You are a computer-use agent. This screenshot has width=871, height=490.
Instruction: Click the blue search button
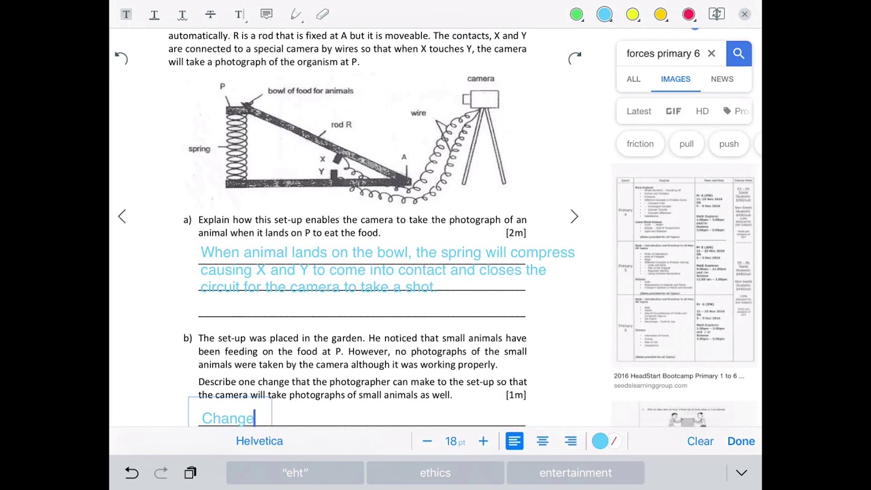(738, 54)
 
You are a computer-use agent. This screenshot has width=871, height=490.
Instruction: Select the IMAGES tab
(675, 79)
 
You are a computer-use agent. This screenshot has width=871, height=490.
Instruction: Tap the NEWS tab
(722, 79)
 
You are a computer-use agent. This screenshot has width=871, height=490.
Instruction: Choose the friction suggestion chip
(640, 144)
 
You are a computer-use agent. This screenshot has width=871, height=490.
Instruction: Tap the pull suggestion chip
(686, 144)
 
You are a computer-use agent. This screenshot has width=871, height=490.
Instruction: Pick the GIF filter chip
(673, 111)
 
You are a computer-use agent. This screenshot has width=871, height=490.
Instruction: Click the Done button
(740, 441)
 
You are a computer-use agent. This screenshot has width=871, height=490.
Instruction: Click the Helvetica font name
(259, 441)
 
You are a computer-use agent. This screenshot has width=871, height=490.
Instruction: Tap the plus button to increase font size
(483, 441)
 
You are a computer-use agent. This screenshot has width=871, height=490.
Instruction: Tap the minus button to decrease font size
(427, 441)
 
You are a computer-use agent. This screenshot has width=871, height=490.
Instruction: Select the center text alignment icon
(542, 441)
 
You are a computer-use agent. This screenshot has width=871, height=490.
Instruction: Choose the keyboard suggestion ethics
(435, 472)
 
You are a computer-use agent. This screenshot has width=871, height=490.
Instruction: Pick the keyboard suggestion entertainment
(575, 472)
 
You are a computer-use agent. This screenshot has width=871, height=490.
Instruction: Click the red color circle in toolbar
(689, 14)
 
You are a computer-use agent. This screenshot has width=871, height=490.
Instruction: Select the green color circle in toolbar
(576, 14)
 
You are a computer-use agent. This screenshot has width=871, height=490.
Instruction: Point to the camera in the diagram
(482, 99)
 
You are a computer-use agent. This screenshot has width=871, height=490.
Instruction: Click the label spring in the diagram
(199, 149)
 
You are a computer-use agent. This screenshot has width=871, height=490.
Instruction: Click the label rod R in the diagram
(341, 125)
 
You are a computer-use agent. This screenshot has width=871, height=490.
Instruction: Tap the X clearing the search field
(711, 54)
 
